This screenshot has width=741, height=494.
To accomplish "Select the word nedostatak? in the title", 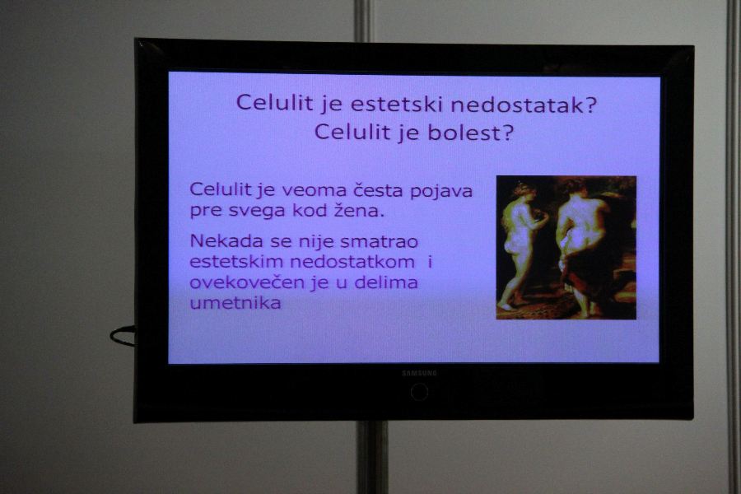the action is point(524,105).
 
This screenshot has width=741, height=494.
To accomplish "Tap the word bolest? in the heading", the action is point(470,133).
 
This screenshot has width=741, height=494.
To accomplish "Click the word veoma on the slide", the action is point(315,191).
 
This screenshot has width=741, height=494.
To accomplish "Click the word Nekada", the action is point(226,241).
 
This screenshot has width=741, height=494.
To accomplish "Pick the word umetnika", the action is point(235,303).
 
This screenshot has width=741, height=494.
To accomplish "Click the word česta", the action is point(378,191).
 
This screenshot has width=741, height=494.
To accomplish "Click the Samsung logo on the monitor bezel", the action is point(419,374).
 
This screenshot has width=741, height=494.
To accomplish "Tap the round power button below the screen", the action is point(419,392).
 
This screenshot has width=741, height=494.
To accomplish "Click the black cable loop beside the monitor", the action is point(123,336).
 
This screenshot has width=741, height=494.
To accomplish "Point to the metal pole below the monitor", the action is point(372,457).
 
